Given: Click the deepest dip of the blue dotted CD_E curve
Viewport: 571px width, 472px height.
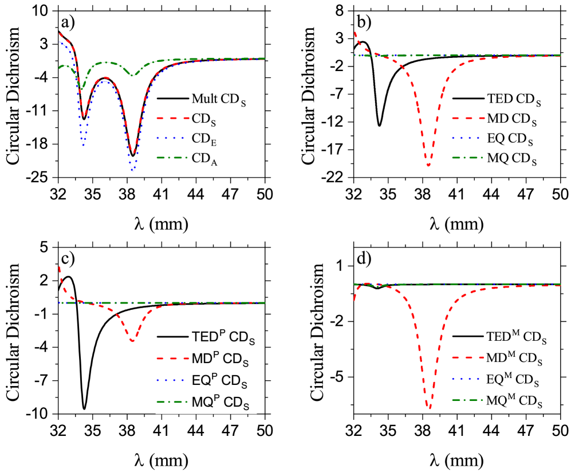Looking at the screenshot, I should (133, 170).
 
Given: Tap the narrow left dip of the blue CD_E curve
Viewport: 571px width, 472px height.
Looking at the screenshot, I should (83, 145).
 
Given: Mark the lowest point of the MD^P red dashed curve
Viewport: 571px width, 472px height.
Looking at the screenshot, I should (133, 341).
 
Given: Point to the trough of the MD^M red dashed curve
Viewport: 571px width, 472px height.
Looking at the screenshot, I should (429, 408).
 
